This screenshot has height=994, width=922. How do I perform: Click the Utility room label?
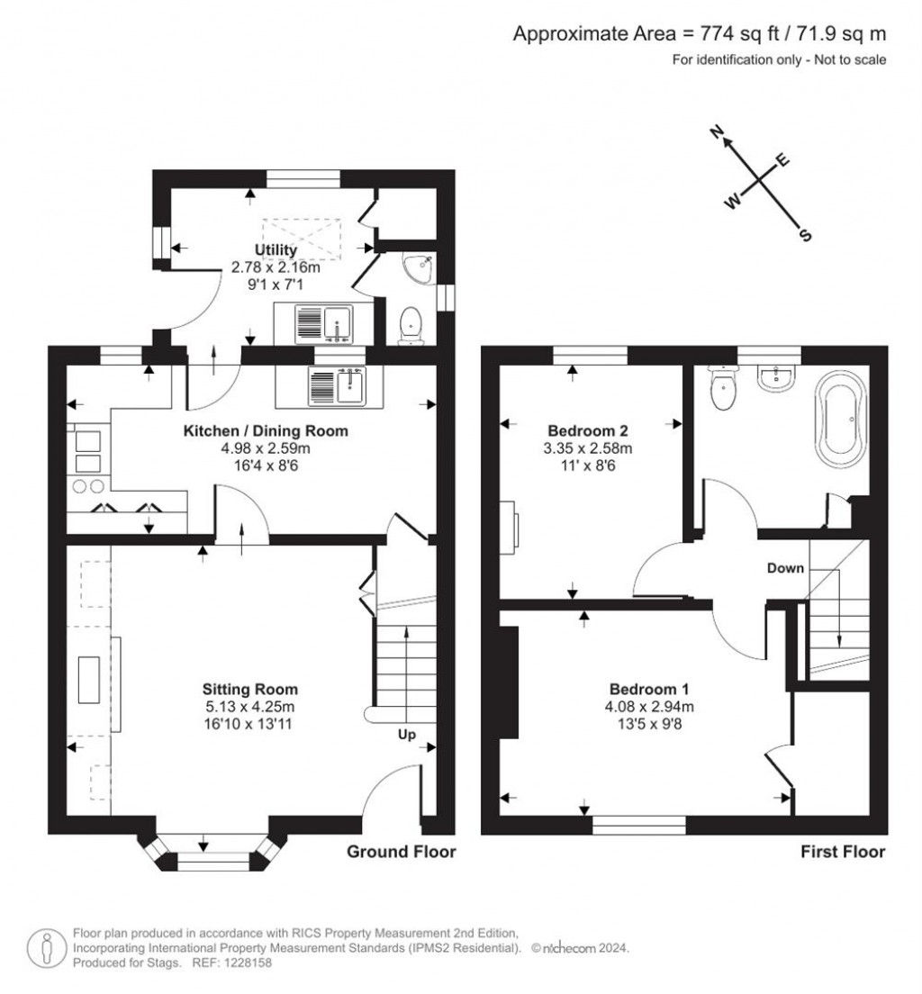[276, 249]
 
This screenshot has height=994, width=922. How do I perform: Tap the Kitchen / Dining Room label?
[266, 431]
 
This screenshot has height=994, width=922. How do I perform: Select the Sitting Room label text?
[249, 690]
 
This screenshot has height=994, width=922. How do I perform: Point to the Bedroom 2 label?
[590, 430]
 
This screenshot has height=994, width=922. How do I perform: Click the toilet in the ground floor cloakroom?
[410, 324]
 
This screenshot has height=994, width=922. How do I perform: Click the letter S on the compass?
[805, 236]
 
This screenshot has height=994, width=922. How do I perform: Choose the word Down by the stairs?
[785, 568]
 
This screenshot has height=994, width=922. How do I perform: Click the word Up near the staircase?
[406, 736]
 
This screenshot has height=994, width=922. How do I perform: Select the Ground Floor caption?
[402, 852]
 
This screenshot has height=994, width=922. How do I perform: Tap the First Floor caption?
[843, 852]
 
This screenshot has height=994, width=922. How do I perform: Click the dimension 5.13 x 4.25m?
[249, 706]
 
